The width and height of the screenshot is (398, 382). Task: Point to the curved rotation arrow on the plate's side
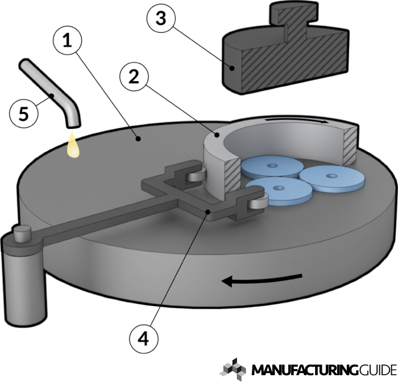tap(261, 279)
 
